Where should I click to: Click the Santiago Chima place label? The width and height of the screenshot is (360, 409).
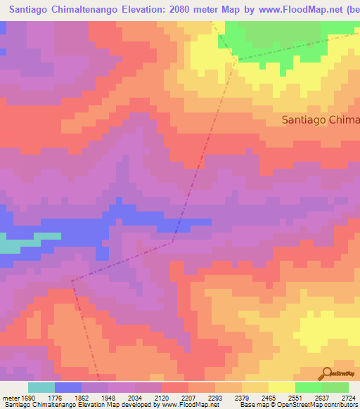[x=320, y=119]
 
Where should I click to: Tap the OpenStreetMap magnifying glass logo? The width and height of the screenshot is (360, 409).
[x=326, y=373]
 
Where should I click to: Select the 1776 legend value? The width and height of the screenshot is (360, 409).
[x=56, y=397]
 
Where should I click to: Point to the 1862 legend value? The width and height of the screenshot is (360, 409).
[x=82, y=397]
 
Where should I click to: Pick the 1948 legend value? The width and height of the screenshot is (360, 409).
[x=109, y=397]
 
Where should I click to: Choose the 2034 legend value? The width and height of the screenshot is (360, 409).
[x=136, y=397]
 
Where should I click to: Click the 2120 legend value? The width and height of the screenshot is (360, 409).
[x=162, y=397]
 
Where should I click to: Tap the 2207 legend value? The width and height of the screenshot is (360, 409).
[x=189, y=397]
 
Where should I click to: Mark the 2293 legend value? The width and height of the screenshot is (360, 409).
[x=216, y=397]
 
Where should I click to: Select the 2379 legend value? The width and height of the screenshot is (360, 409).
[x=243, y=397]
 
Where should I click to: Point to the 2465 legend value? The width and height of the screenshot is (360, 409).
[x=269, y=397]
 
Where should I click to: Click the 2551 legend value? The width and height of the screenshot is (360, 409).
[x=296, y=397]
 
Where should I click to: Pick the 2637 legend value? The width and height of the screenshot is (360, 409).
[x=323, y=397]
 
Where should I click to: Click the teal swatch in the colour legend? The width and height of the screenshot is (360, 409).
[x=41, y=387]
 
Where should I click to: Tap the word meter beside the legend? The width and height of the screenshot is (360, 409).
[x=10, y=397]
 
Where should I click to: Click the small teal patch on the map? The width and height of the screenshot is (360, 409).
[x=15, y=246]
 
